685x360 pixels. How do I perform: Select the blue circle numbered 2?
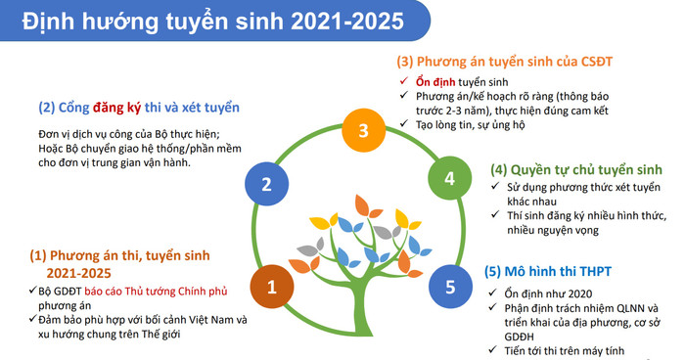point(264,182)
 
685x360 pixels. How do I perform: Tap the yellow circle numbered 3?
point(362,131)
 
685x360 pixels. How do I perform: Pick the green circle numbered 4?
point(449,179)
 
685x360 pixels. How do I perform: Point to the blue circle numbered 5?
point(449,287)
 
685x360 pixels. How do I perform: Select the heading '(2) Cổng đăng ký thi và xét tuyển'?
point(138,107)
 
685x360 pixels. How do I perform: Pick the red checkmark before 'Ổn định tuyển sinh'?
point(403,80)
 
